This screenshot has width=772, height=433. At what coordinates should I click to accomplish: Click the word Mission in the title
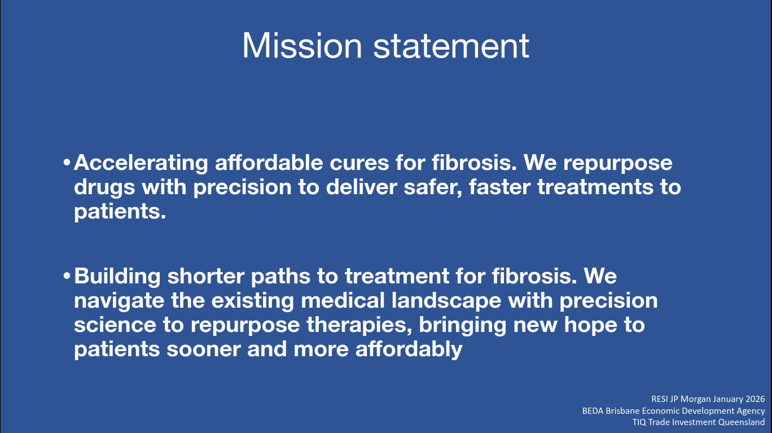pos(302,46)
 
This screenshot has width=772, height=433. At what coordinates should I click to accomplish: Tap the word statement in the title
pos(451,46)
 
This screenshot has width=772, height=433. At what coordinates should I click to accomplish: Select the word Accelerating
pos(141,163)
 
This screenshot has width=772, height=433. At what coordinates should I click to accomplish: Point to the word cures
pos(359,163)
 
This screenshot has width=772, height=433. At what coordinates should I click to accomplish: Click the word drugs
pos(104,188)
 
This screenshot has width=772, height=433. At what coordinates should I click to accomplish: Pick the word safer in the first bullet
pos(433,187)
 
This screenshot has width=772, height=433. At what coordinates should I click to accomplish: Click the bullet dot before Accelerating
pos(67,163)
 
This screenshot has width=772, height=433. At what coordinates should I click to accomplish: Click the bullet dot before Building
pos(67,276)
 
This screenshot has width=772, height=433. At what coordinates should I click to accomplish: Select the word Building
pos(117,277)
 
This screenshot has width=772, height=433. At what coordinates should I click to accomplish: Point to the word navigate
pos(119,301)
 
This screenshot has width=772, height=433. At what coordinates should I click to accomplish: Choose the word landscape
pos(446,301)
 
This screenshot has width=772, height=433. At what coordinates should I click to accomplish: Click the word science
pos(115,325)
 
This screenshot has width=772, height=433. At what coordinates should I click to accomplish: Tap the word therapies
pos(359,325)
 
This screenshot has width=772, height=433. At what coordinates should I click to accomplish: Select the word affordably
pos(409,349)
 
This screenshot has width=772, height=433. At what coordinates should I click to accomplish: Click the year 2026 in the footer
pos(755,399)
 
